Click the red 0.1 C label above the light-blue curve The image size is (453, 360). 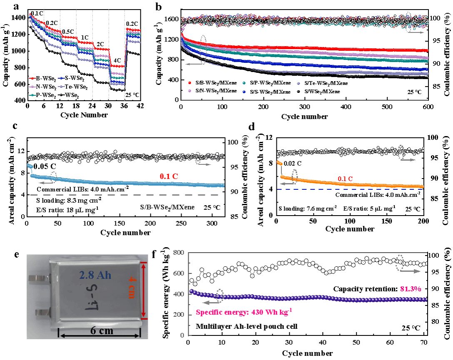tap(169, 176)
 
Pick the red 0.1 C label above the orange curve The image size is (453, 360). tap(345, 179)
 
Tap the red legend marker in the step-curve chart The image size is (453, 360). tap(32, 78)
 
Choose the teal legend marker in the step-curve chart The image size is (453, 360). tap(32, 95)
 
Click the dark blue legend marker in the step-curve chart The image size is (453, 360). tap(61, 78)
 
